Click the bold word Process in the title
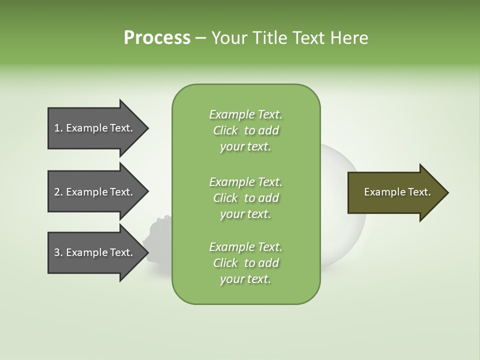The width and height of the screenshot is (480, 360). (x=157, y=38)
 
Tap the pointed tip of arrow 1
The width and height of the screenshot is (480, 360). (x=147, y=128)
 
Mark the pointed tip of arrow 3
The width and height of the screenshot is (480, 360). (x=147, y=252)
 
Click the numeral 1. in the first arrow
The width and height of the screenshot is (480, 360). (x=58, y=128)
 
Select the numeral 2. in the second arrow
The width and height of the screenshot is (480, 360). (x=58, y=192)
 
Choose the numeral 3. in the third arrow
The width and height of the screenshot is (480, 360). (x=58, y=252)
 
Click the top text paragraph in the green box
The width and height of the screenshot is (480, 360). (x=245, y=130)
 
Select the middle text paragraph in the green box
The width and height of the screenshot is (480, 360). (x=245, y=197)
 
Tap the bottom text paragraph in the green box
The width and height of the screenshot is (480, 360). (x=245, y=263)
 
